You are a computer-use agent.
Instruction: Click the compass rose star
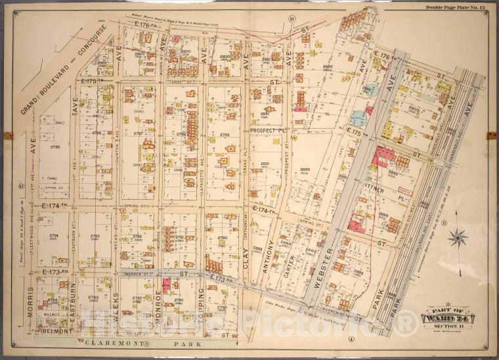pyautogui.click(x=458, y=237)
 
